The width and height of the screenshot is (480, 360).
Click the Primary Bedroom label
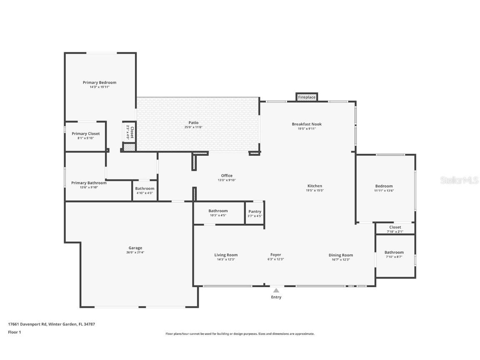(99, 82)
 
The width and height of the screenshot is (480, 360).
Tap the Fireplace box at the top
(307, 97)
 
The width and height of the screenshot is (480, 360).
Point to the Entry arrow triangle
(276, 290)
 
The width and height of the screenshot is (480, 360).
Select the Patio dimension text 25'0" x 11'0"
(193, 127)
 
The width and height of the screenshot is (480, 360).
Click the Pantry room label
(255, 212)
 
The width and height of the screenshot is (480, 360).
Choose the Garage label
(135, 248)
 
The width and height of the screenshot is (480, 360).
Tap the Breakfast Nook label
(307, 124)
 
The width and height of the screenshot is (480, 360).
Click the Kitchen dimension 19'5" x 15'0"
(315, 190)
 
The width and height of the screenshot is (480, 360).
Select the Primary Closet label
(85, 134)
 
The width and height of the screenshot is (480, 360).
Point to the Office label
(227, 175)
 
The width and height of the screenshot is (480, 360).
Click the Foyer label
(275, 255)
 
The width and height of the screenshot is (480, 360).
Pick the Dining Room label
(340, 255)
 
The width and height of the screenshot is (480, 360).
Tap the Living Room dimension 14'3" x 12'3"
(226, 260)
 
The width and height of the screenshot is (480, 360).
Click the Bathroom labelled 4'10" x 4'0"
(145, 189)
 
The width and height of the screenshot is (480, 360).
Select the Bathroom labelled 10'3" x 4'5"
(218, 211)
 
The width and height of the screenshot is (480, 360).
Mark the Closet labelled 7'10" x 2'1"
(395, 227)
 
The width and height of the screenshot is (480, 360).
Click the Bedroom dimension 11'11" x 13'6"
(384, 190)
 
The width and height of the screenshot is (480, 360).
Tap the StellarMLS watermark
(460, 180)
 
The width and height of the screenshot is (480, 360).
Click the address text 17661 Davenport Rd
(27, 324)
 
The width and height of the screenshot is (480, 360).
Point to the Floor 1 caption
(14, 332)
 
